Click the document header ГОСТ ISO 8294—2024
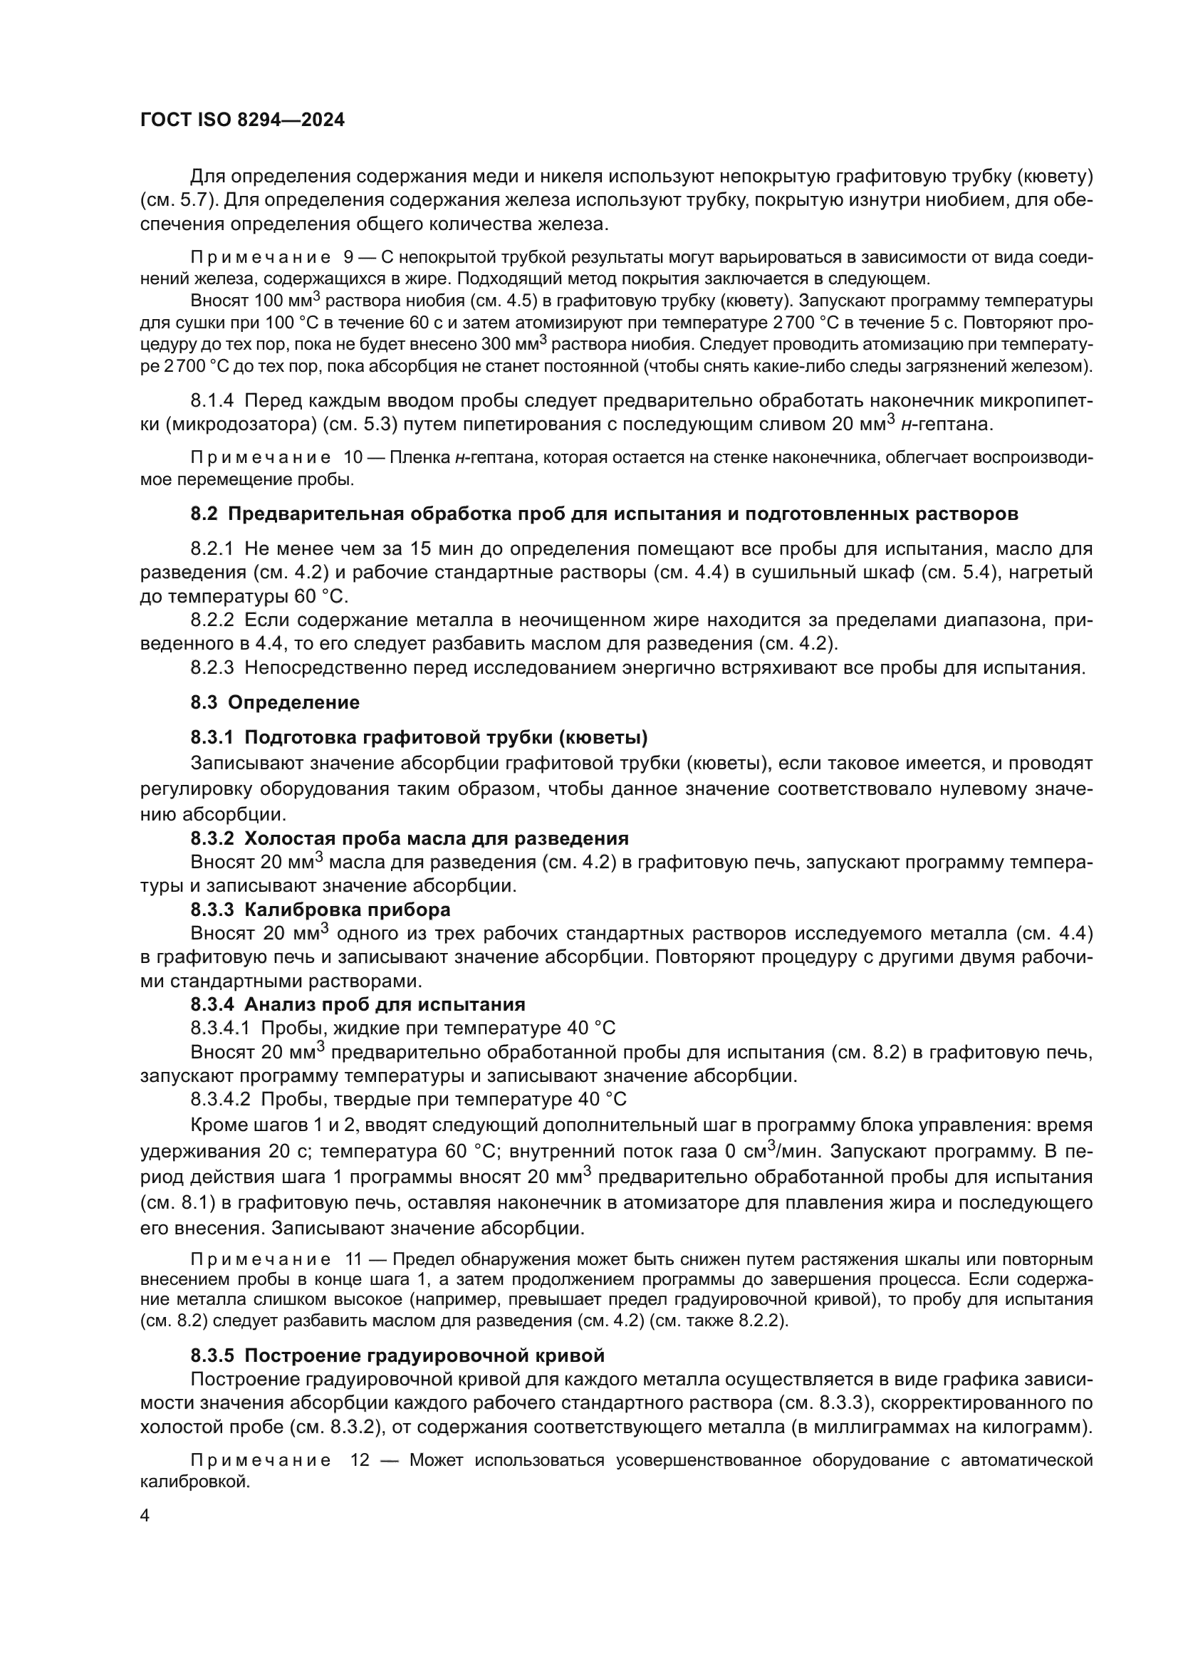[x=242, y=120]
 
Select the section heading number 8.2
[x=204, y=514]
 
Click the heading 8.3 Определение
[x=276, y=702]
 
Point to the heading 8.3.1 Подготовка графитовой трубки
[x=419, y=737]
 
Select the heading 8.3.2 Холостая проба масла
[x=410, y=838]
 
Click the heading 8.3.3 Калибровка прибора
[x=320, y=909]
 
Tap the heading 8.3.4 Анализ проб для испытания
[x=358, y=1004]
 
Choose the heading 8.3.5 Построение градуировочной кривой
[x=397, y=1355]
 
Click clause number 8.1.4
[x=212, y=400]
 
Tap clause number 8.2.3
[x=212, y=667]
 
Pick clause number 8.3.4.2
[x=220, y=1099]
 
